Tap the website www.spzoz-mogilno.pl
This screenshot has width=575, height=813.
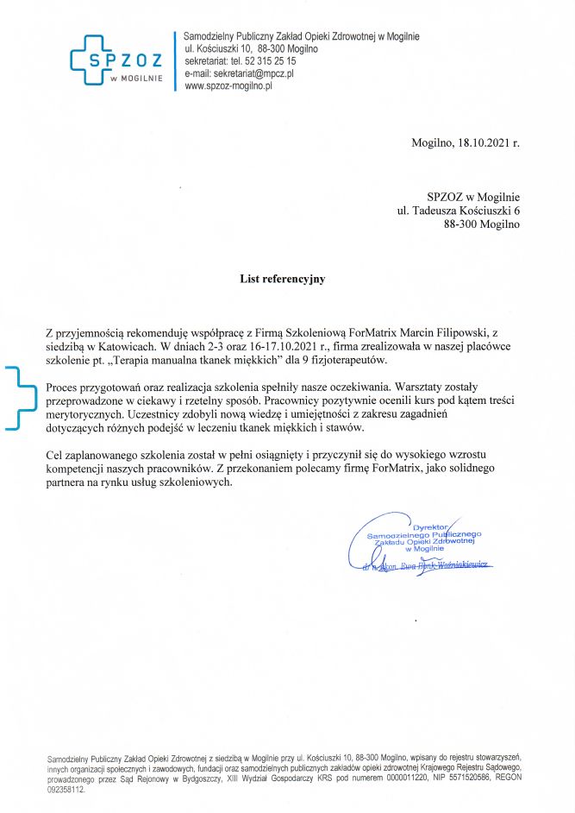pyautogui.click(x=229, y=86)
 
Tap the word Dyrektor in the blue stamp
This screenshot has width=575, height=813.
pyautogui.click(x=433, y=526)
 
